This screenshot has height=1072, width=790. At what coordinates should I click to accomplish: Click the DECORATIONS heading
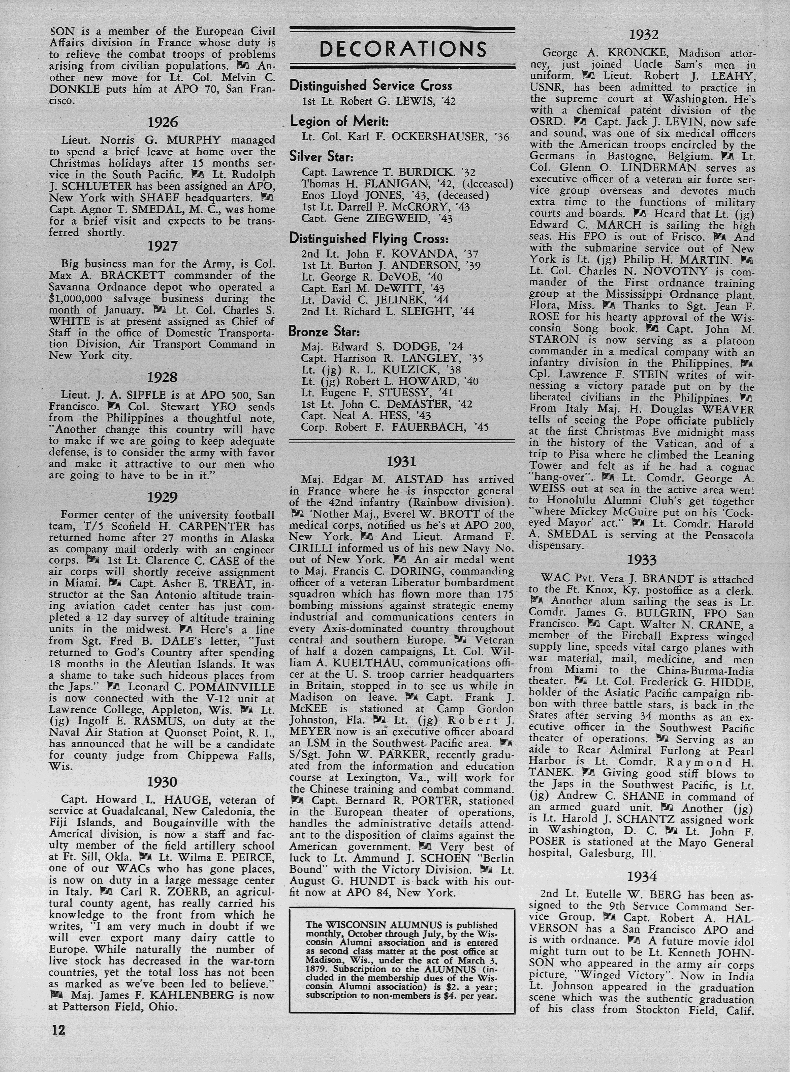[403, 49]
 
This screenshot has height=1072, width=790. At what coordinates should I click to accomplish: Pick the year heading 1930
[163, 782]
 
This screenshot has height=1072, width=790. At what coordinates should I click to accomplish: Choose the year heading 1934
[642, 876]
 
